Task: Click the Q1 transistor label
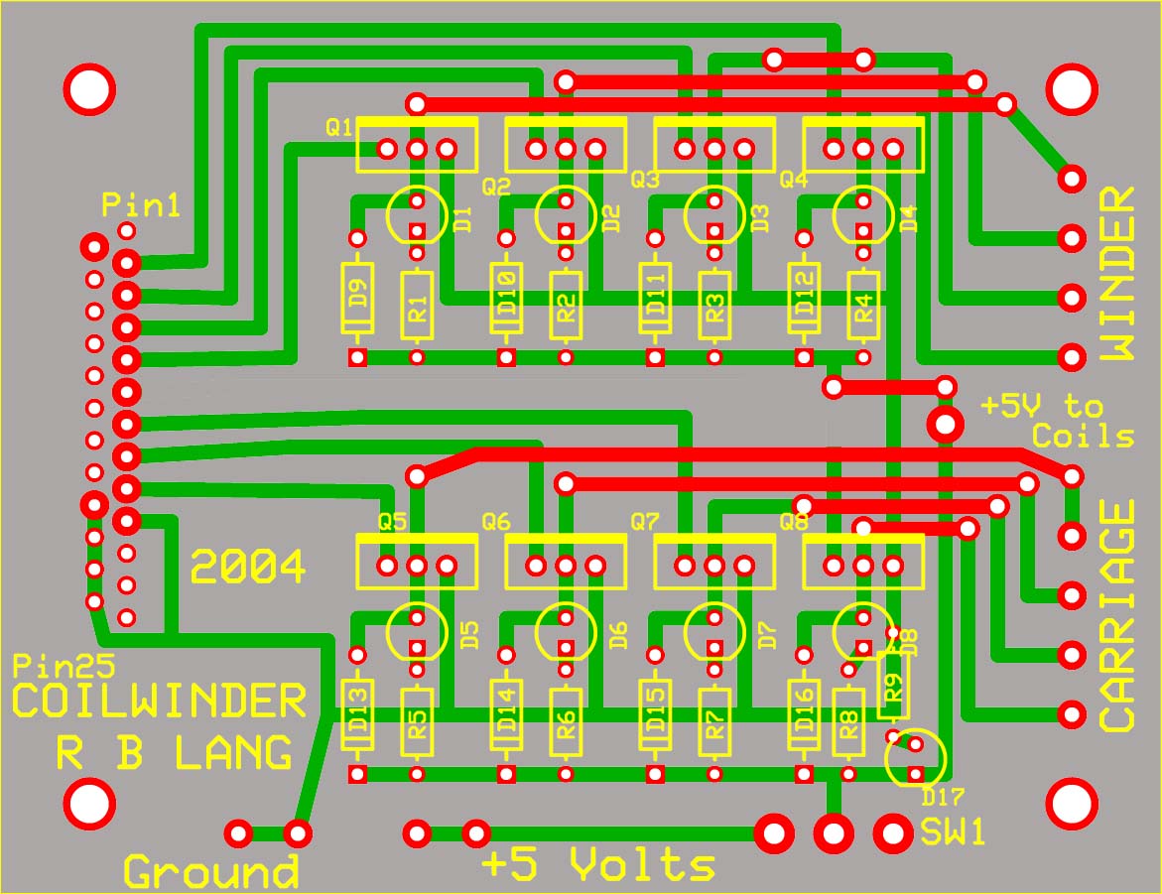point(338,127)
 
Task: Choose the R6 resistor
point(567,719)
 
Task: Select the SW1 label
point(953,831)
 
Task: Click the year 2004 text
point(248,568)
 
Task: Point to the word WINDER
point(1117,273)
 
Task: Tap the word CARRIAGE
point(1117,615)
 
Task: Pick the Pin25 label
point(50,665)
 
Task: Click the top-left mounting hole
point(89,89)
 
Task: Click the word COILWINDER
point(160,702)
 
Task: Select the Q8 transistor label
point(794,520)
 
